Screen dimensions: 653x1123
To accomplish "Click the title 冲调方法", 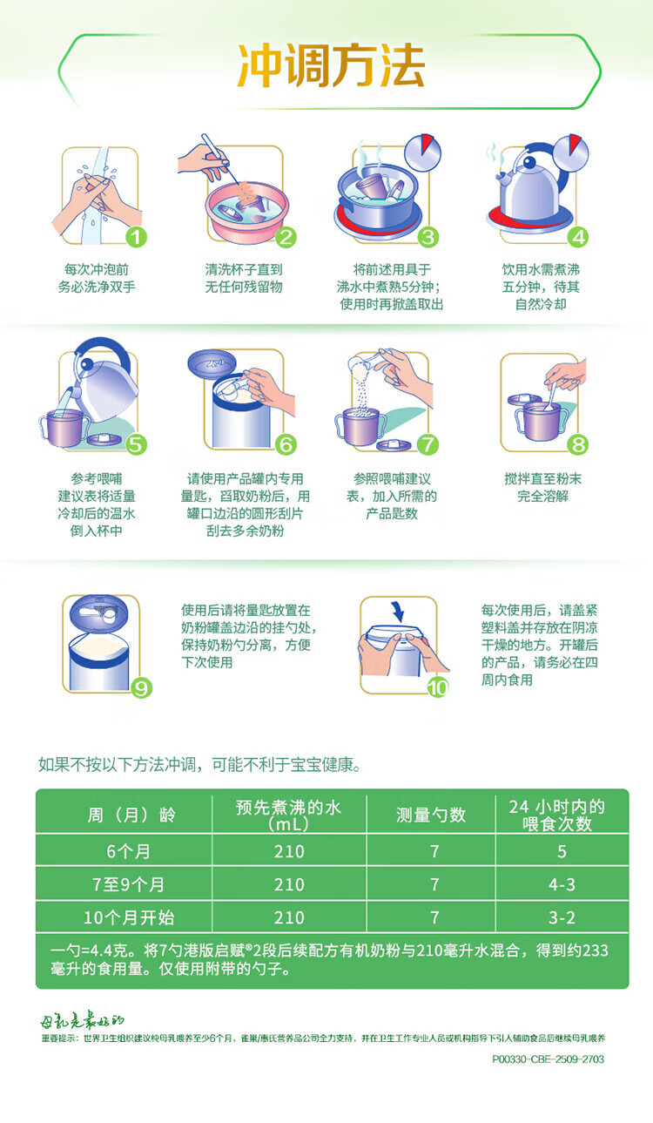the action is [331, 66].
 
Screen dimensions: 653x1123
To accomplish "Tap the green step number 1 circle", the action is [136, 237].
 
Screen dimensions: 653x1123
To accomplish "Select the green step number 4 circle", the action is [578, 237].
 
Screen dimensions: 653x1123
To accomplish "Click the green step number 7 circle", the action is [427, 444].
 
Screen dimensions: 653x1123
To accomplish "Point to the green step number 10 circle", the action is [437, 688].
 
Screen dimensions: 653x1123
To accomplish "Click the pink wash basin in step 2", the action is [247, 212].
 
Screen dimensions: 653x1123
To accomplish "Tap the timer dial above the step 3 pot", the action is [422, 152].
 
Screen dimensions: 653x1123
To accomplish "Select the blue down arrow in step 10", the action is [398, 611].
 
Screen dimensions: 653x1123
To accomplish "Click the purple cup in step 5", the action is [64, 428].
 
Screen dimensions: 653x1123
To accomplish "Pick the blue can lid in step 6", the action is [212, 362].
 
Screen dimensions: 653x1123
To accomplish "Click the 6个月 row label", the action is [128, 851].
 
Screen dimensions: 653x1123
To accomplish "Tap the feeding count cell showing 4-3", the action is [562, 884].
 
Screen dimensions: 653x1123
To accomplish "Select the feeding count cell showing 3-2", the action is [562, 917].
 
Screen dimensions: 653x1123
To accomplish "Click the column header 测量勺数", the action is [431, 815].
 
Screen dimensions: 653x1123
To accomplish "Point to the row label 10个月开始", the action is [129, 917].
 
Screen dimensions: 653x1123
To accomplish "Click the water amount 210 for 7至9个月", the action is [289, 884].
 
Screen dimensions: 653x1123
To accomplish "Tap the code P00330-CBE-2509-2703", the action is [549, 1059].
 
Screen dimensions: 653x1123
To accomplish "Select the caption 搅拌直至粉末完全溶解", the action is [543, 487].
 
